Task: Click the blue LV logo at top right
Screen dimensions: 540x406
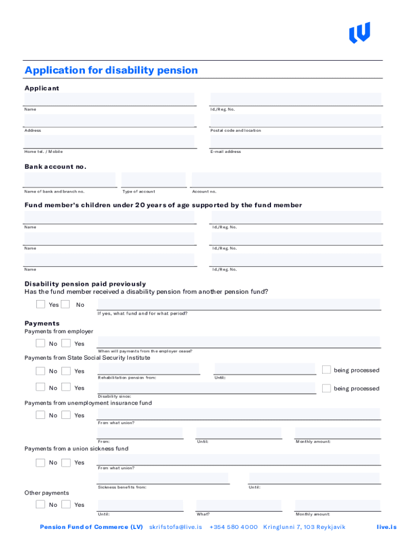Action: pyautogui.click(x=360, y=32)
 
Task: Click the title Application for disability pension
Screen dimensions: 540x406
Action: pyautogui.click(x=111, y=70)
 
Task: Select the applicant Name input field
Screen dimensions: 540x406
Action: pyautogui.click(x=109, y=99)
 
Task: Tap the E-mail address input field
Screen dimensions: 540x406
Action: pyautogui.click(x=295, y=141)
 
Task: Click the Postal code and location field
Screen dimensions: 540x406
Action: pyautogui.click(x=295, y=120)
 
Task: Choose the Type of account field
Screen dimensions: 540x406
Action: pyautogui.click(x=153, y=179)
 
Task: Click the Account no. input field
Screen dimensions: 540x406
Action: pyautogui.click(x=286, y=179)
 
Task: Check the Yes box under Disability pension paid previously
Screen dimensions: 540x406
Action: pyautogui.click(x=41, y=304)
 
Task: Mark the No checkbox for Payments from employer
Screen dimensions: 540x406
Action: pyautogui.click(x=41, y=343)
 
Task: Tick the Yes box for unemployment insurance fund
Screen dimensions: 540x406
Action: pyautogui.click(x=66, y=415)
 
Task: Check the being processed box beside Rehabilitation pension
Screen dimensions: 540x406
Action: pyautogui.click(x=326, y=370)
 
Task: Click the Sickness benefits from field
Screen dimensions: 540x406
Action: pyautogui.click(x=163, y=478)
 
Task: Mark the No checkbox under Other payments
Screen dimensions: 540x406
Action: pyautogui.click(x=41, y=504)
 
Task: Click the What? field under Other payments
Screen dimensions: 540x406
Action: pyautogui.click(x=238, y=505)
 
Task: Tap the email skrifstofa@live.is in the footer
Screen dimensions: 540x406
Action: pyautogui.click(x=176, y=527)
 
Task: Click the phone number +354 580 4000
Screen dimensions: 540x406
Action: pyautogui.click(x=234, y=527)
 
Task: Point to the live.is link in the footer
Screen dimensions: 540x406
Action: pyautogui.click(x=386, y=527)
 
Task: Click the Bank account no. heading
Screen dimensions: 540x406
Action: pyautogui.click(x=55, y=167)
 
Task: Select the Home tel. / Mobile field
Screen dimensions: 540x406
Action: pyautogui.click(x=109, y=141)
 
